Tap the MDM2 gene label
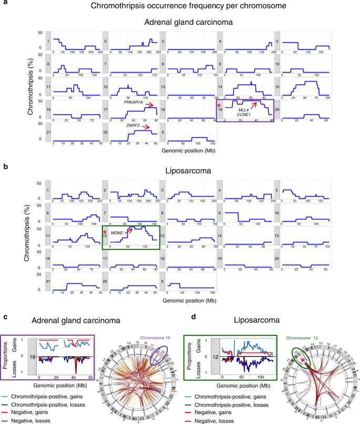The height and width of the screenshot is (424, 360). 116,232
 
